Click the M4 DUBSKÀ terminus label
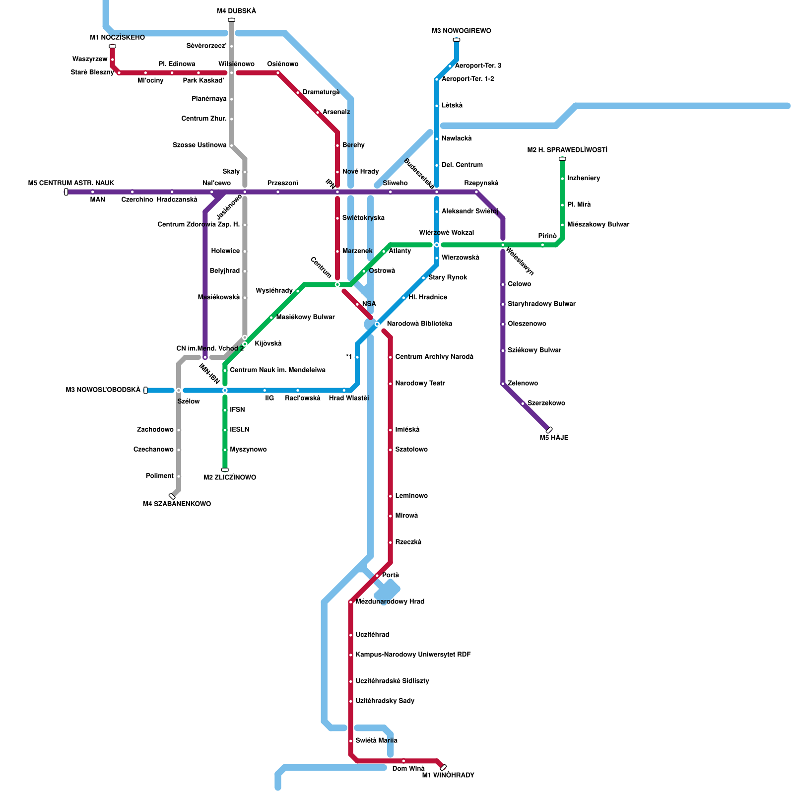(236, 11)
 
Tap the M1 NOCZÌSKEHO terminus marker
(112, 46)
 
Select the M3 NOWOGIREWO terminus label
(461, 31)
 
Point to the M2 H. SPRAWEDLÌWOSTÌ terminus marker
(562, 159)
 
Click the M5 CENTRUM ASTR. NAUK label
(71, 184)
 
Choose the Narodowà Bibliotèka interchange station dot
(377, 324)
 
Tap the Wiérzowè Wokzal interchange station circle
(437, 245)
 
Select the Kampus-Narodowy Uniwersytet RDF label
(413, 655)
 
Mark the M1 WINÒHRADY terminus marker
(443, 767)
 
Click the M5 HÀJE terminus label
(554, 438)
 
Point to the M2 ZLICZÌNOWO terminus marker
(225, 469)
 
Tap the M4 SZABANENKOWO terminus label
(177, 504)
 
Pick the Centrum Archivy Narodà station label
(434, 357)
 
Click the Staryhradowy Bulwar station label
(541, 304)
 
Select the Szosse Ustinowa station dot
(231, 145)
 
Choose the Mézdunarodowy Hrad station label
(390, 601)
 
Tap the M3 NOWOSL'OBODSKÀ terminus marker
(145, 390)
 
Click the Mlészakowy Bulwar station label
(598, 224)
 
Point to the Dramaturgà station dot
(298, 93)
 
